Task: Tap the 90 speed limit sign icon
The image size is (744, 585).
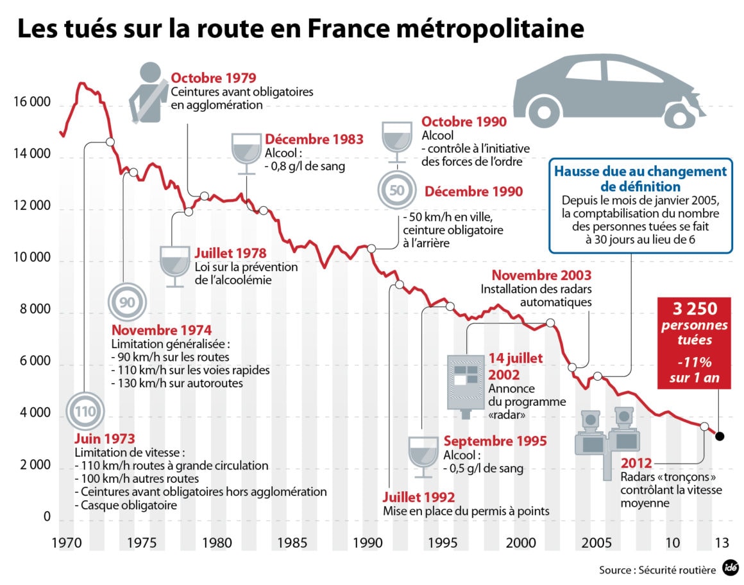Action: (128, 301)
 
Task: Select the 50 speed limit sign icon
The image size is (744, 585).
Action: (397, 191)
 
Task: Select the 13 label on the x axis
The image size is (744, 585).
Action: (722, 543)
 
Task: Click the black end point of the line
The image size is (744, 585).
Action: (720, 437)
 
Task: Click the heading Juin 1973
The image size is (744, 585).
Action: (105, 439)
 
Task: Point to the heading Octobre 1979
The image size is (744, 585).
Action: (214, 78)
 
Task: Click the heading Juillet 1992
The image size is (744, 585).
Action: (418, 497)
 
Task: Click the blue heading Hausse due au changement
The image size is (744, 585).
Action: (640, 172)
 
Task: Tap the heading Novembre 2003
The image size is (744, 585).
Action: (542, 275)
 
